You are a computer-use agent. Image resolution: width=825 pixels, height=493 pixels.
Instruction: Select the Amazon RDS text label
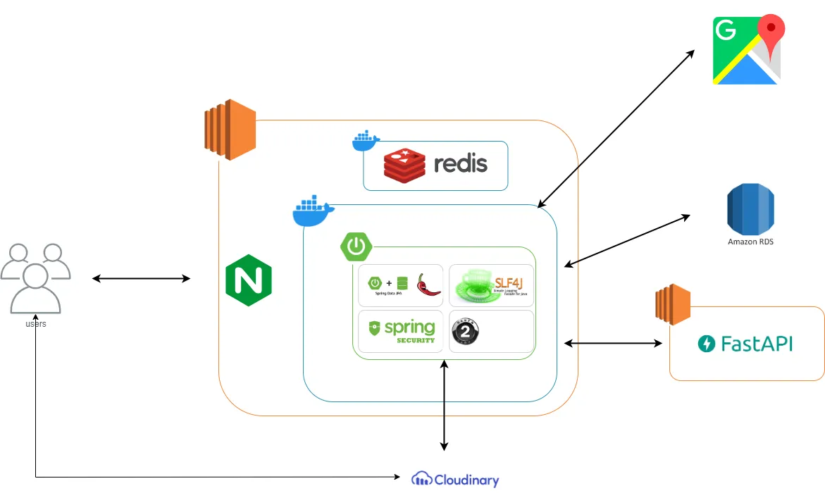pos(750,242)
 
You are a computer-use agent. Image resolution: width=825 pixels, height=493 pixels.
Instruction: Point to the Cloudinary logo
pos(455,480)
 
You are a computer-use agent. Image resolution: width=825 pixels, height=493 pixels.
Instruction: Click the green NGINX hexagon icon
pos(248,280)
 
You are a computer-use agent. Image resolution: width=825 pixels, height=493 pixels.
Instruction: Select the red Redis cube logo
pos(405,164)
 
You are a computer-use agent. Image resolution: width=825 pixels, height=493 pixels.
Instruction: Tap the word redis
pos(461,164)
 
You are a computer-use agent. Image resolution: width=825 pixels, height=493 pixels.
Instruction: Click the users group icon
pos(35,277)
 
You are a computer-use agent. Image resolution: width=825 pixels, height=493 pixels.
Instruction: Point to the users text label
pos(36,323)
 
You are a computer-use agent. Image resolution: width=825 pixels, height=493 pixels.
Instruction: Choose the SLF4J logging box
pos(491,285)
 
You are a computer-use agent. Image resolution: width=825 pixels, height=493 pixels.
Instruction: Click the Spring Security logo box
pos(400,332)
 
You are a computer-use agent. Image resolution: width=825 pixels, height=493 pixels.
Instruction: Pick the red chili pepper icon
pos(428,285)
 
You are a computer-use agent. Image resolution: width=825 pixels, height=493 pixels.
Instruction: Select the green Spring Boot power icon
pos(356,246)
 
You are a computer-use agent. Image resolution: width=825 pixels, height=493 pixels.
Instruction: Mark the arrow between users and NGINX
pos(141,279)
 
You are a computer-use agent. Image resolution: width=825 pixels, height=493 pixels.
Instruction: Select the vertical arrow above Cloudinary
pos(444,405)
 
